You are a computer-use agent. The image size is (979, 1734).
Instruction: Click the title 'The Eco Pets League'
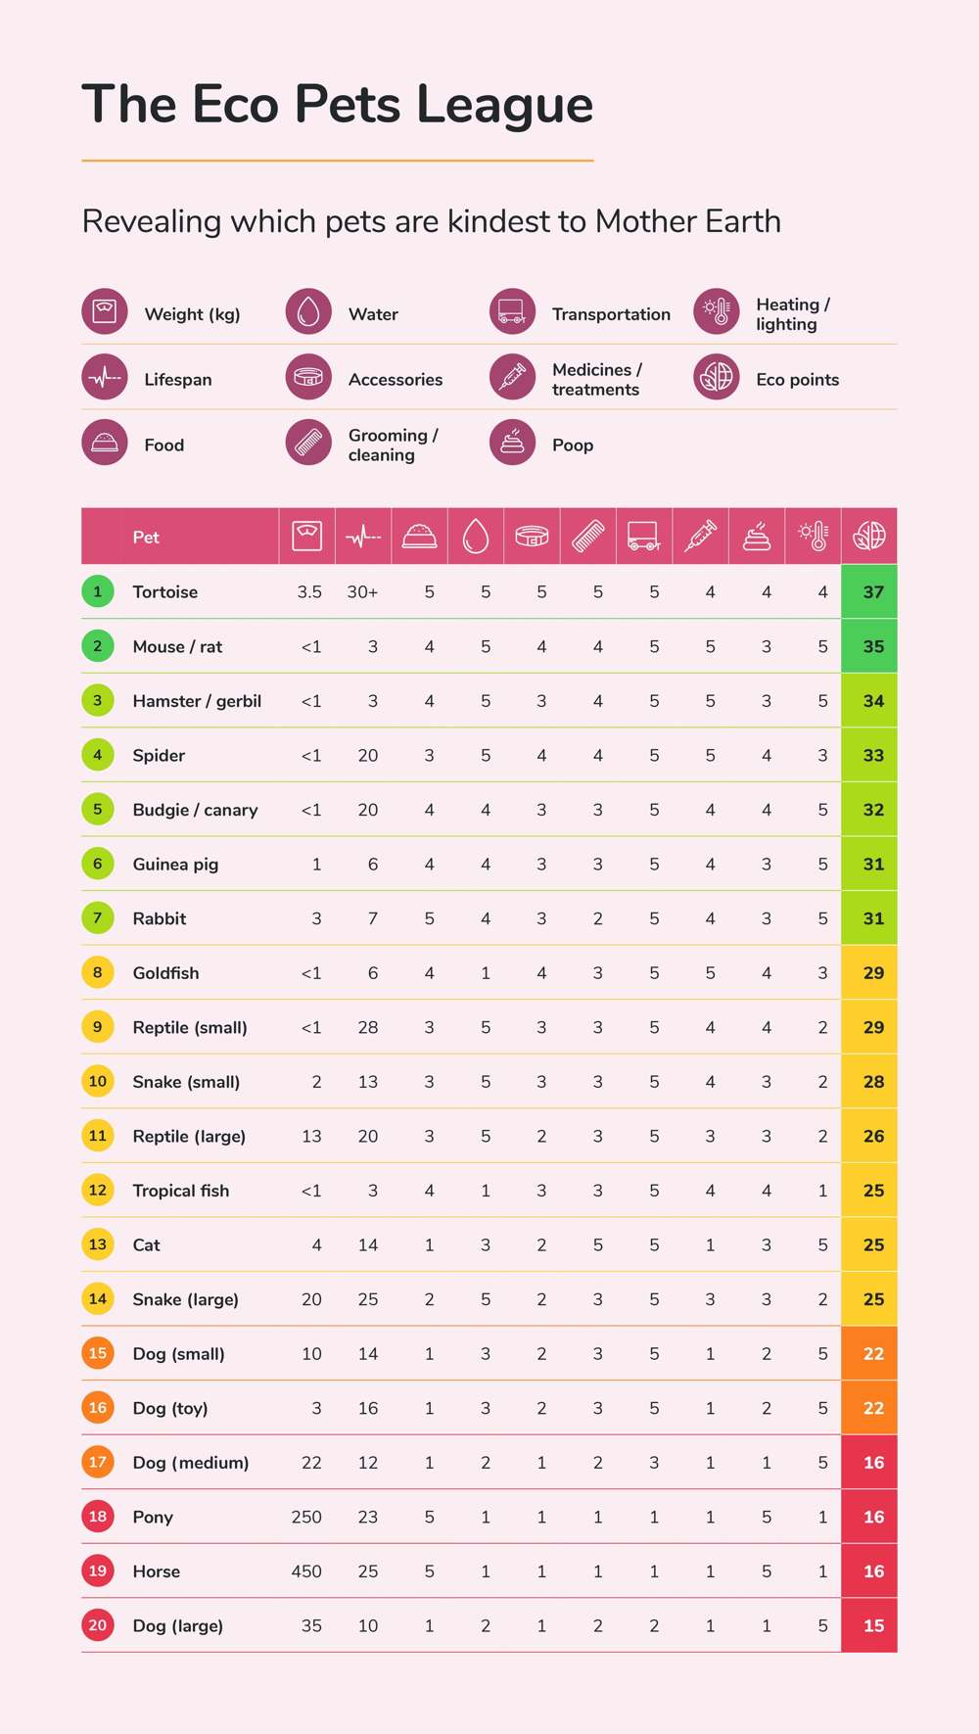338,105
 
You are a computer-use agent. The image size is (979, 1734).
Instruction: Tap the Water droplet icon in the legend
308,312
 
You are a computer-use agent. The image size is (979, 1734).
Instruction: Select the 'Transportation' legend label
611,314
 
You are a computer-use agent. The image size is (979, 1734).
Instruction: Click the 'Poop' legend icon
512,444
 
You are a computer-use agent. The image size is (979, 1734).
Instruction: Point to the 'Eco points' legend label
797,380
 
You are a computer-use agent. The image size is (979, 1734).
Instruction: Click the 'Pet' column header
146,538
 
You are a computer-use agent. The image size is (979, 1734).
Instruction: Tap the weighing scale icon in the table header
306,537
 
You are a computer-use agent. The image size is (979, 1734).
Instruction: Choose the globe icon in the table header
869,536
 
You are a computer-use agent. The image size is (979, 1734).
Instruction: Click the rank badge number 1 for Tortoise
98,591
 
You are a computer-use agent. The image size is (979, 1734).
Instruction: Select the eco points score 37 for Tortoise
873,592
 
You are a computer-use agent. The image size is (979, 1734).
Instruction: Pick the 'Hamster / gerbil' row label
197,701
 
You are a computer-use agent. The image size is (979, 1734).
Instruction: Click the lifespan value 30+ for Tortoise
362,592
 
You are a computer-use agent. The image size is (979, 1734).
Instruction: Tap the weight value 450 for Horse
306,1571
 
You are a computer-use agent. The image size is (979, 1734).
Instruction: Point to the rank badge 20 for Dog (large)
98,1625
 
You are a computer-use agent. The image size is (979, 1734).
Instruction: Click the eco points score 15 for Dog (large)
873,1626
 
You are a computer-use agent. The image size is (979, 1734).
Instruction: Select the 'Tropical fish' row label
181,1191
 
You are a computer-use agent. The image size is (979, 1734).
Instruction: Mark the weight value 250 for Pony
306,1517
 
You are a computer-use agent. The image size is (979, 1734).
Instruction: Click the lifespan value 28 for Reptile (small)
368,1027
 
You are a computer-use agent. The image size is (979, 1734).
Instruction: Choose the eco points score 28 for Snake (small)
873,1082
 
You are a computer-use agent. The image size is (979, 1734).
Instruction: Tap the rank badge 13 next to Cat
98,1244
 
